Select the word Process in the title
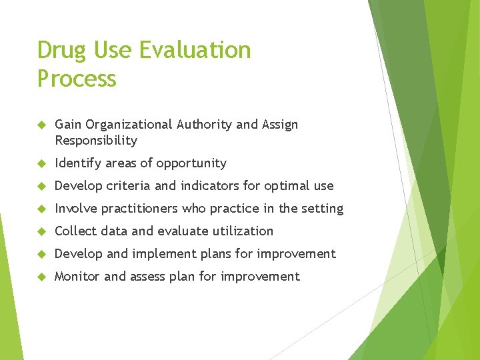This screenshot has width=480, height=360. pos(77,79)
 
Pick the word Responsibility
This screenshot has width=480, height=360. pos(96,141)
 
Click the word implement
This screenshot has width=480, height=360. pos(162,254)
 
